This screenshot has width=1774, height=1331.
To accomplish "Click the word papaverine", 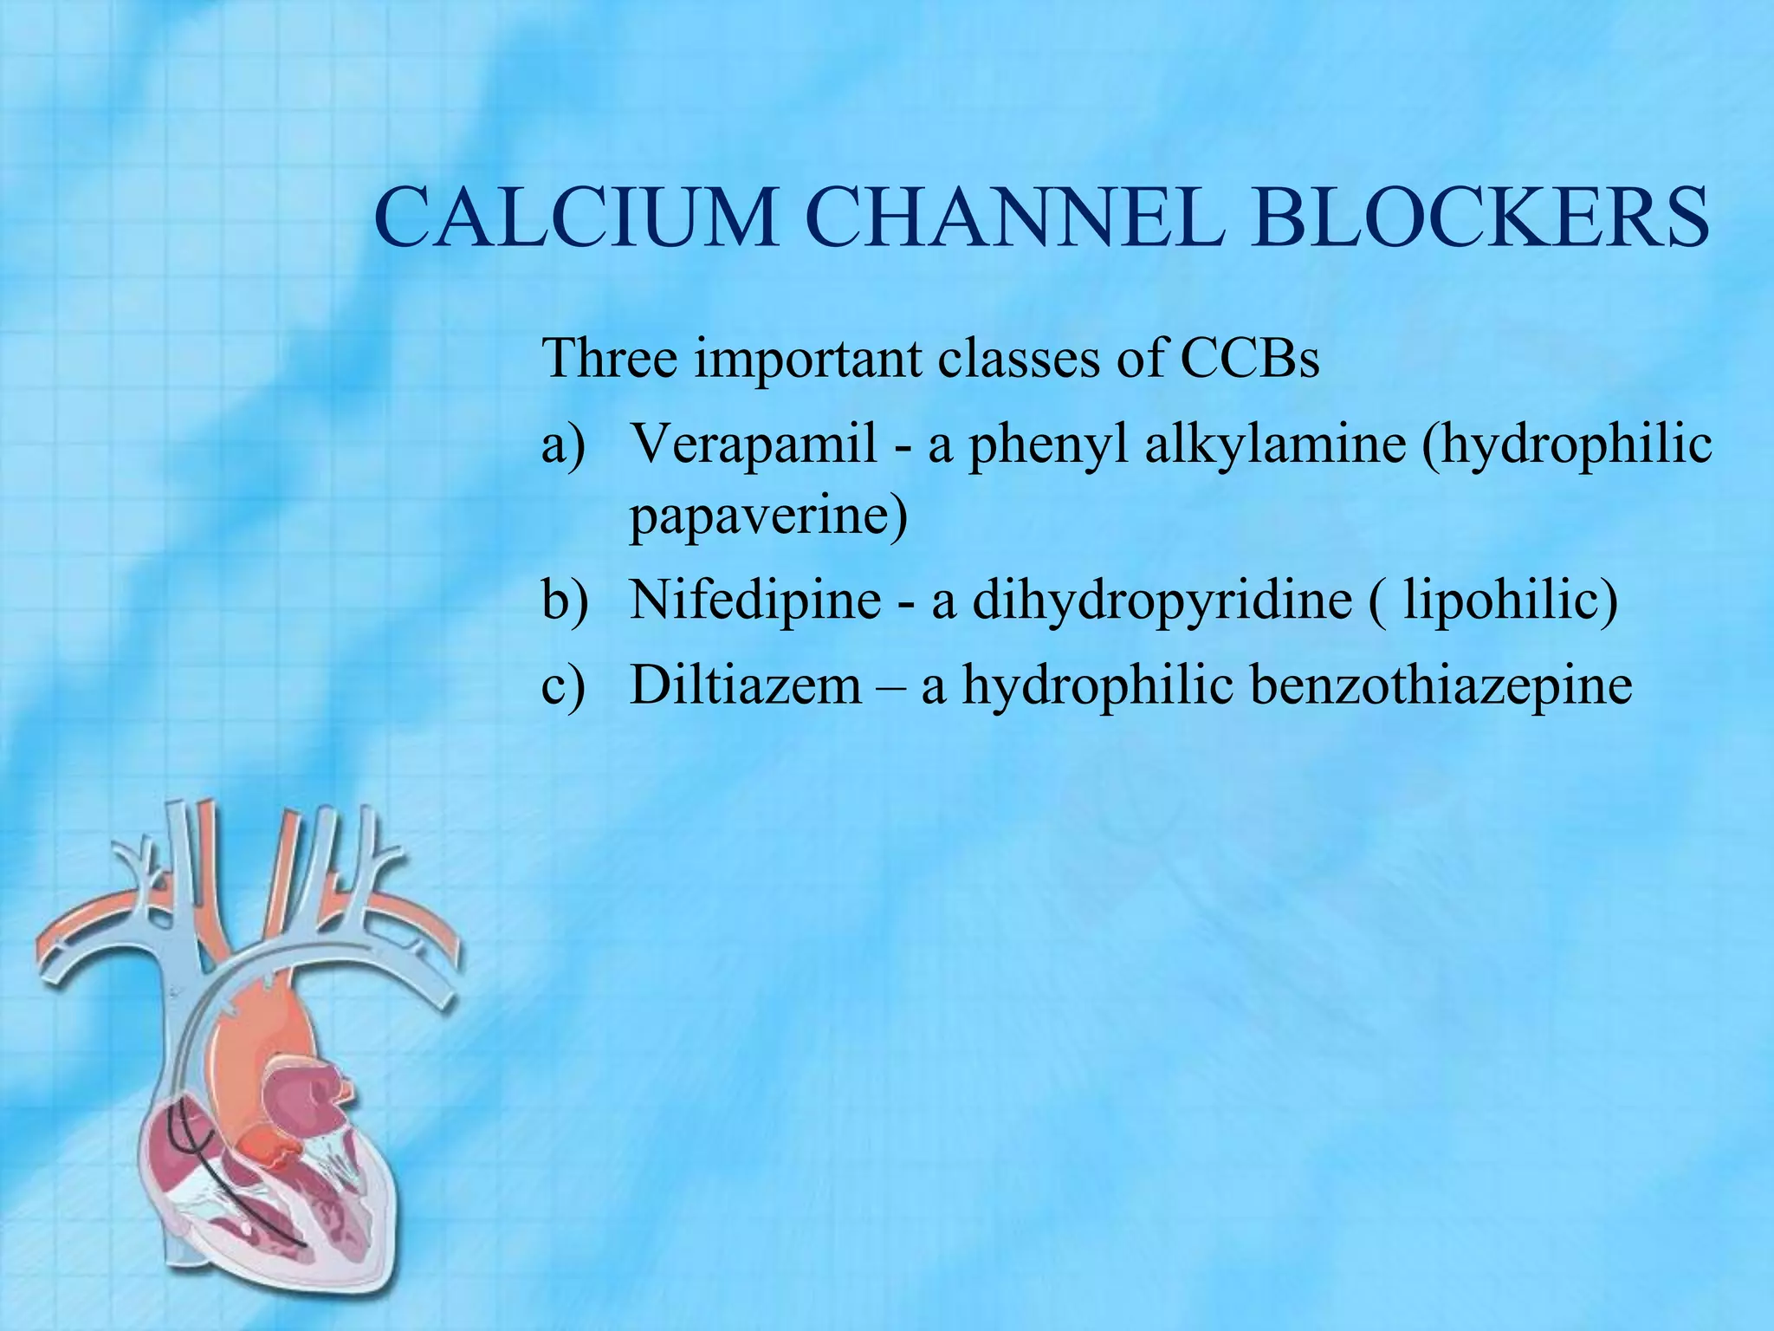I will [767, 516].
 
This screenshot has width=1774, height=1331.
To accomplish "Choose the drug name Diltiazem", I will [746, 685].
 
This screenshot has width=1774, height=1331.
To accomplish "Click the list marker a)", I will [564, 445].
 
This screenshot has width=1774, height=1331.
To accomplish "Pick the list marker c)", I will [563, 686].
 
